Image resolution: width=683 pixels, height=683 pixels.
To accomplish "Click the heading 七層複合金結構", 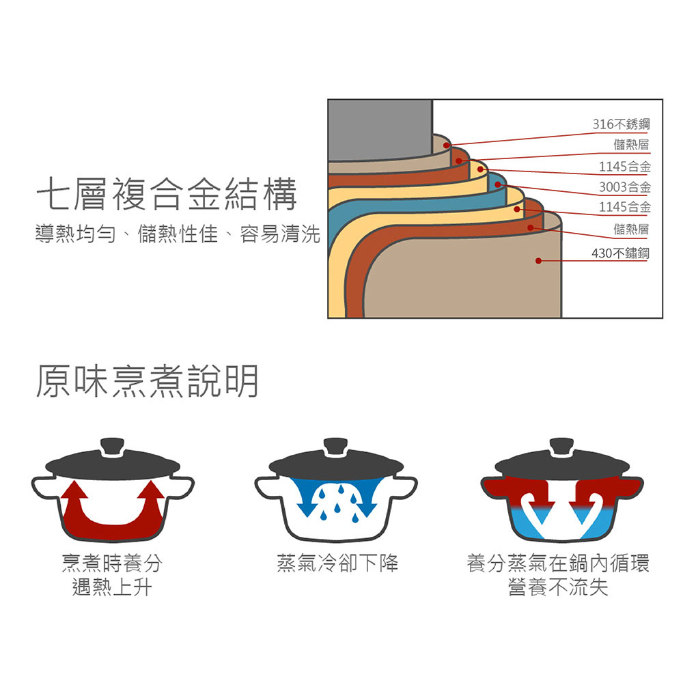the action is click(x=167, y=194).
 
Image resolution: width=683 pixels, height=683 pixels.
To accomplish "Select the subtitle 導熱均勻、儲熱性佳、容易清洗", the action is click(x=178, y=234).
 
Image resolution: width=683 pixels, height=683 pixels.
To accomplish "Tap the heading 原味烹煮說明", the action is click(x=148, y=381).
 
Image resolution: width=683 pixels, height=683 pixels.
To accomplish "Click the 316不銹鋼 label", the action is click(x=621, y=124).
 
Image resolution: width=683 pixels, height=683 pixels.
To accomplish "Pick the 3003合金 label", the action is click(x=625, y=187).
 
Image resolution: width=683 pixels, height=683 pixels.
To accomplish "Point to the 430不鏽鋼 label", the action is click(x=620, y=253).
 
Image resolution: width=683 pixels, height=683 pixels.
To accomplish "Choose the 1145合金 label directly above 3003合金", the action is click(x=625, y=167).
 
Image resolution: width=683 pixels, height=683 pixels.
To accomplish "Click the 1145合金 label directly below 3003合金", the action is click(x=625, y=206).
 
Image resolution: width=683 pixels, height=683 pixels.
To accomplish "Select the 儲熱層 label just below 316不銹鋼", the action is click(x=631, y=144).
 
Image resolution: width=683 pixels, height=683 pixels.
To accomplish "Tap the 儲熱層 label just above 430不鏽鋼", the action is click(x=631, y=229).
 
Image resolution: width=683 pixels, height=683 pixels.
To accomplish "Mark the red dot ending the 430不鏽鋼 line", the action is click(x=538, y=260).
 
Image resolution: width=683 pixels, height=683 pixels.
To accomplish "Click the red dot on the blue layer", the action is click(x=498, y=184).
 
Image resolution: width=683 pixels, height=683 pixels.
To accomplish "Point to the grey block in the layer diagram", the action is click(x=380, y=130).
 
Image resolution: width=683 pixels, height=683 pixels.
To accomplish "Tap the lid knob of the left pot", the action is click(x=113, y=447).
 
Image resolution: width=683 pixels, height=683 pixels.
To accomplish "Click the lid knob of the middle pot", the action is click(x=336, y=447).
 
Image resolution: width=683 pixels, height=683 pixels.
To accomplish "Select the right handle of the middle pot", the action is click(x=404, y=486).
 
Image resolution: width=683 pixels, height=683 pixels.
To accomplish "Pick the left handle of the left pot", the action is click(x=45, y=487).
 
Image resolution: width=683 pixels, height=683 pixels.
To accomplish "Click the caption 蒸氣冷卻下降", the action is click(x=337, y=563).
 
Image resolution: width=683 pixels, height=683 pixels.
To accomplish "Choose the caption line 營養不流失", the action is click(x=558, y=587).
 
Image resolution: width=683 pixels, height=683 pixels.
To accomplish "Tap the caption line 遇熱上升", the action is click(x=112, y=587).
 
